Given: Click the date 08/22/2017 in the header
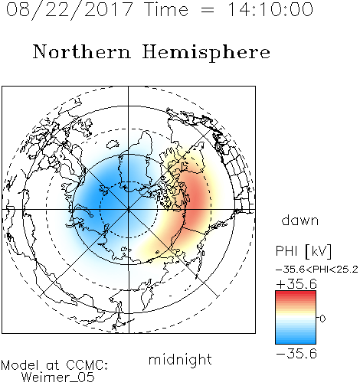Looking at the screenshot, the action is point(69,10).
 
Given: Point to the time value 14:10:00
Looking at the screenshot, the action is point(270,9).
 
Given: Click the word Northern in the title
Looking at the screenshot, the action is point(82,51).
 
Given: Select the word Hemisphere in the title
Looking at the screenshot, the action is point(206,52).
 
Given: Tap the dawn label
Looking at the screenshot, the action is point(300,220).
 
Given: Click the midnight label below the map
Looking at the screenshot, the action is point(180,359).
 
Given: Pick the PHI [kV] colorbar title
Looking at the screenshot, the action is point(303,251).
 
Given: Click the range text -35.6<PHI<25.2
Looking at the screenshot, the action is point(317,270).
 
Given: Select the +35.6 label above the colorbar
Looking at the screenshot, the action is point(296,284).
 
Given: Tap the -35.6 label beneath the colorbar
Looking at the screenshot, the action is point(296,354).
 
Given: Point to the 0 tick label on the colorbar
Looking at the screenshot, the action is point(322,319).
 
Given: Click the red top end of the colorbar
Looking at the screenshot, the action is point(296,293).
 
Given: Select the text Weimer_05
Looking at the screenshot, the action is point(58,378).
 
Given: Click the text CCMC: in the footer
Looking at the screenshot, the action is point(87,365).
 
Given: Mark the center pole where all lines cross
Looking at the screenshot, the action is point(129,209).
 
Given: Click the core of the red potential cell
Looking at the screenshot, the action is point(196,200).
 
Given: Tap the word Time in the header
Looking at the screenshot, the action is point(166,9).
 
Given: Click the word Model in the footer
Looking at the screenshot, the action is point(20,365).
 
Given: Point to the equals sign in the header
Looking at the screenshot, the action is point(208,10).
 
